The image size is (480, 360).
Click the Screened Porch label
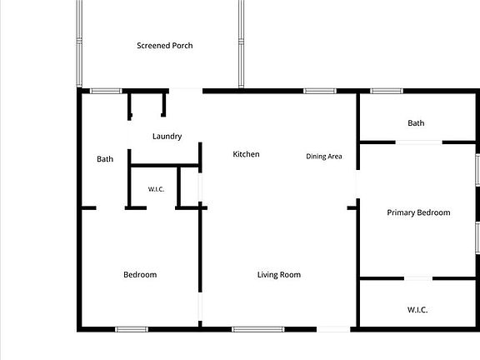(x=165, y=46)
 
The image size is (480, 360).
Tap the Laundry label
(x=167, y=136)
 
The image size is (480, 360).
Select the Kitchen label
(x=246, y=154)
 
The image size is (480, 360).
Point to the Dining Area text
(x=324, y=157)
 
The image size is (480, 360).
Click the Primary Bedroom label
(x=418, y=212)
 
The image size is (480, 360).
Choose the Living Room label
(x=279, y=275)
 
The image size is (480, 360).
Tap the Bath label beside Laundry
(x=105, y=159)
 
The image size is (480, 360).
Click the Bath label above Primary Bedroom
(x=416, y=123)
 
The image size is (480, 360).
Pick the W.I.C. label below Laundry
(x=156, y=189)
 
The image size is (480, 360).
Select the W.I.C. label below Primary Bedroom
(x=417, y=310)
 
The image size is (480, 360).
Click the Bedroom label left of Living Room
(x=140, y=275)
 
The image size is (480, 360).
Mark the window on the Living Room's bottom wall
(x=258, y=329)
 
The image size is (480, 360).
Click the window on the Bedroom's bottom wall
(x=132, y=329)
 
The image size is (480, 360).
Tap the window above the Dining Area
(x=320, y=91)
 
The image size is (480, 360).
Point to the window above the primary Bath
(x=387, y=91)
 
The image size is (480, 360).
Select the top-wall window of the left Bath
(x=106, y=91)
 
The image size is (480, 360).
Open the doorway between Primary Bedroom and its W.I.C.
(x=418, y=278)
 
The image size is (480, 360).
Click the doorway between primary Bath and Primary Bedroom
(x=419, y=142)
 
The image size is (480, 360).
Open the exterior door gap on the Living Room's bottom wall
(x=333, y=329)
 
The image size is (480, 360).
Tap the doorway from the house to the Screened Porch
(x=186, y=91)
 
